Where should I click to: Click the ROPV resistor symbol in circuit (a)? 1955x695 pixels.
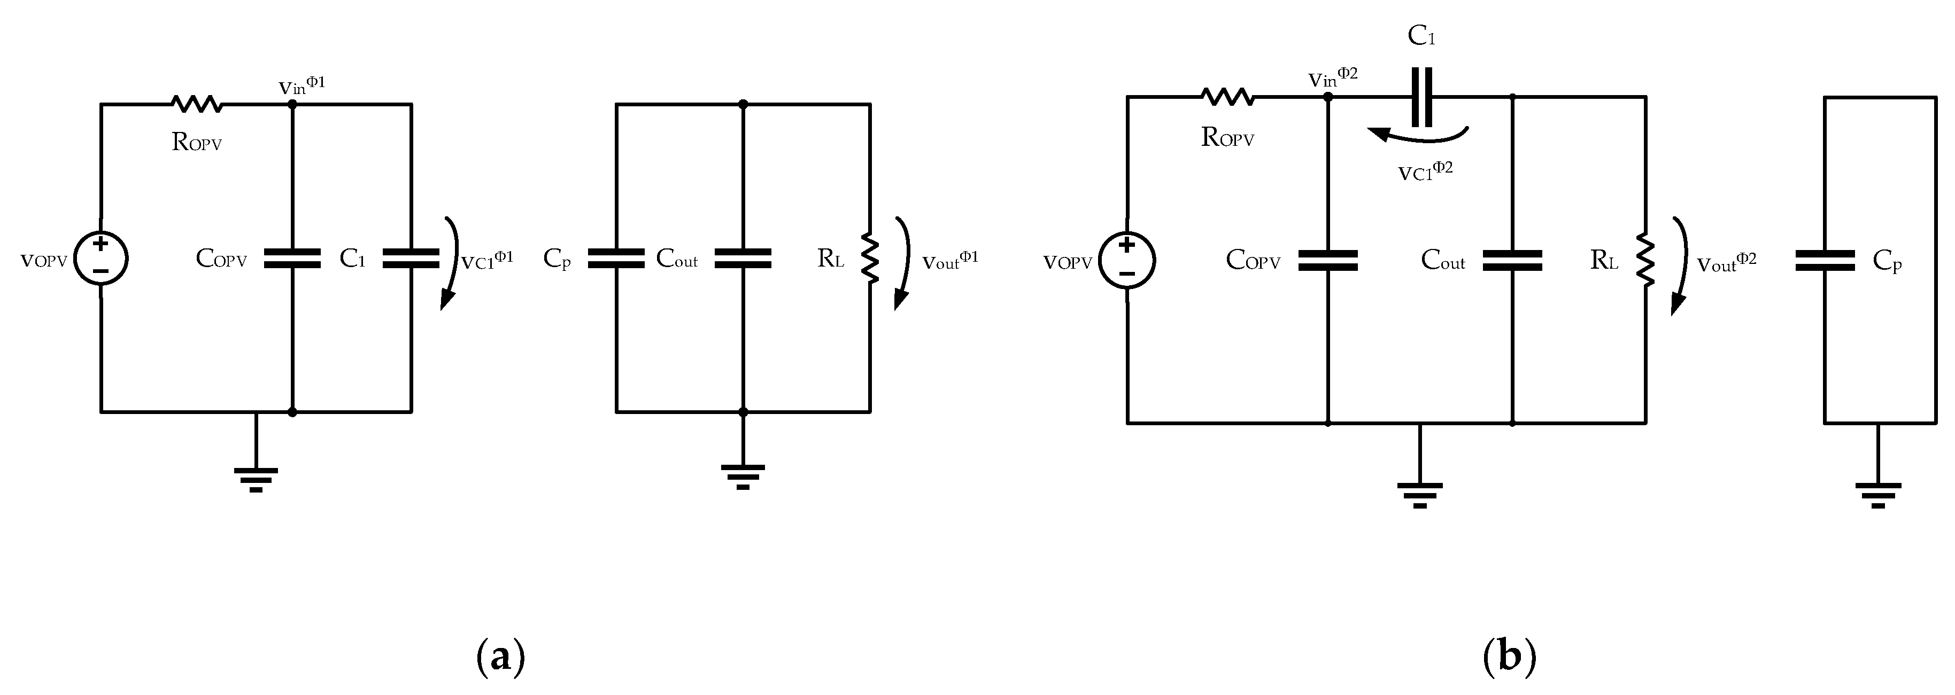[197, 104]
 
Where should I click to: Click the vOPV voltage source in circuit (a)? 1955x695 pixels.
[101, 259]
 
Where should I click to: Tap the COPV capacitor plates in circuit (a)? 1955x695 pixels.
[292, 259]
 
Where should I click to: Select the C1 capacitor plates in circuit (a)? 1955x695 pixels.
[411, 259]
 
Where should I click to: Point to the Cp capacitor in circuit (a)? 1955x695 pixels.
[615, 259]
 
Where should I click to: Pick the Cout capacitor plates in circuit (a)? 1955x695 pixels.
[743, 259]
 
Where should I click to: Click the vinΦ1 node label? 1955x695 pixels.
[302, 85]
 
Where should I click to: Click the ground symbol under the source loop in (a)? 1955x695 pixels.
[256, 478]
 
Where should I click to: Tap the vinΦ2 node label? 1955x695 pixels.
[1333, 77]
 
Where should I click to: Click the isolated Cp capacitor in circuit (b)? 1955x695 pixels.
[1825, 261]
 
